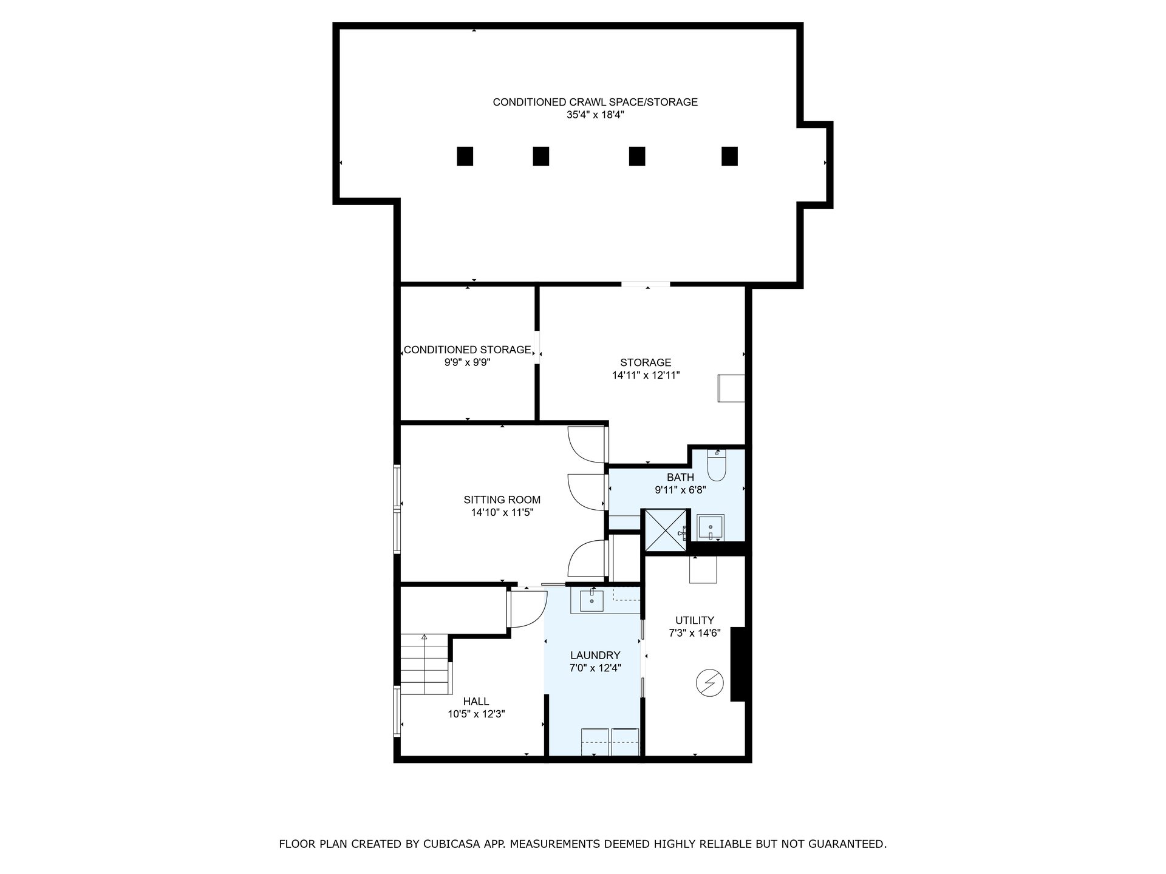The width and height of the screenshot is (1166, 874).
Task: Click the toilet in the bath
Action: pos(717,464)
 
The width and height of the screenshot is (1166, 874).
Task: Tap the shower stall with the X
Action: pos(665,530)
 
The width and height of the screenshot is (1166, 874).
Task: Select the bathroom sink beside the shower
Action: pos(710,527)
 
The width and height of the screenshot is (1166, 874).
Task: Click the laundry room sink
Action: pos(592,600)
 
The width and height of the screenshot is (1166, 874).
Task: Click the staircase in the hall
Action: pos(426,664)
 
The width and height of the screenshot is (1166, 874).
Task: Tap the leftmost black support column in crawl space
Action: pos(465,156)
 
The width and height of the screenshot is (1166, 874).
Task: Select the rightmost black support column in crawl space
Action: pos(729,156)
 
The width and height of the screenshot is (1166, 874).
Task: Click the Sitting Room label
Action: pos(502,500)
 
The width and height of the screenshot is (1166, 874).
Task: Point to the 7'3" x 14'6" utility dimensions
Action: pos(695,632)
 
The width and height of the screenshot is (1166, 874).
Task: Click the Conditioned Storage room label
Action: pos(468,350)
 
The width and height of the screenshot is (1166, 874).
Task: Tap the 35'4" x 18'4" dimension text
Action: pos(595,114)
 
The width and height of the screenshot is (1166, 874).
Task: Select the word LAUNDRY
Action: pos(595,655)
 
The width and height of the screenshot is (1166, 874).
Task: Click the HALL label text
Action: pos(476,702)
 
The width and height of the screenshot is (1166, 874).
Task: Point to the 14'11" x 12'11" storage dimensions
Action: pos(646,375)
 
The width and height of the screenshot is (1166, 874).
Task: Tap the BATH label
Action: pos(680,478)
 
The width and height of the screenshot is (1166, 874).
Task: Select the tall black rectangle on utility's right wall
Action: pos(738,664)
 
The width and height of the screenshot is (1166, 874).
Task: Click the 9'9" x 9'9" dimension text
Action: pos(468,362)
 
